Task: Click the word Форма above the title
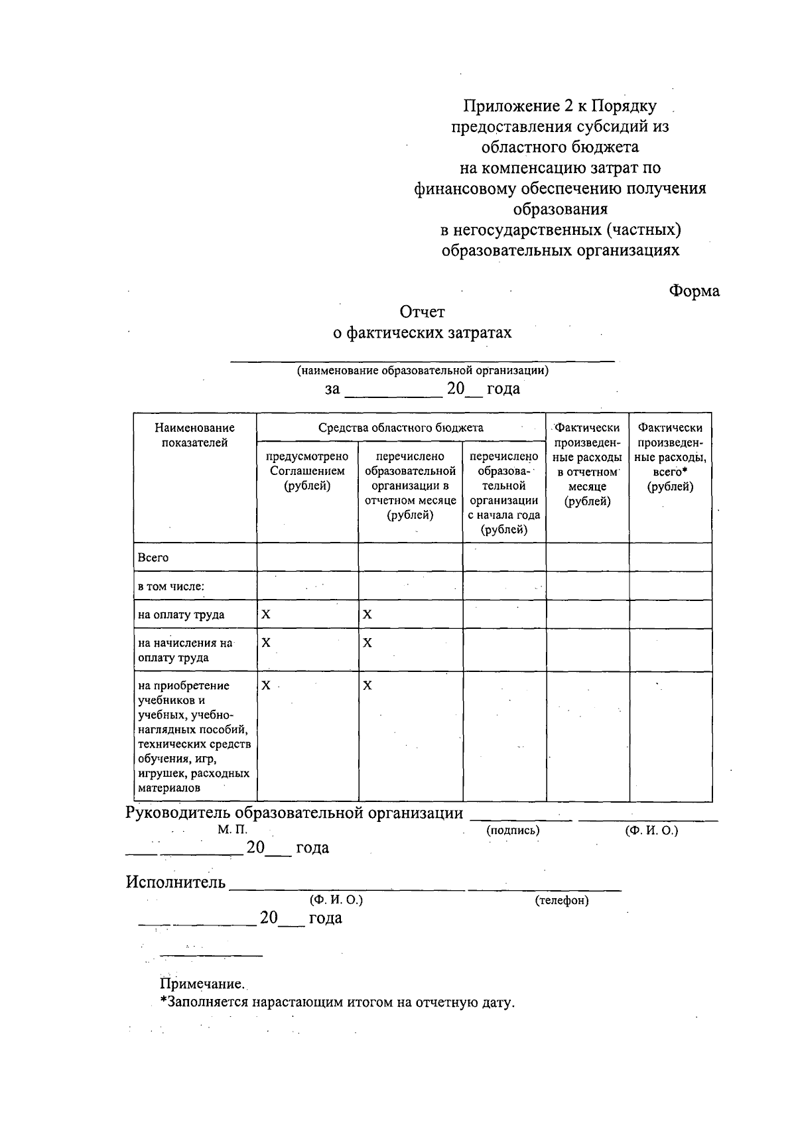tap(694, 291)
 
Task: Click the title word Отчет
tap(422, 311)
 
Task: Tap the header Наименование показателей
tap(194, 435)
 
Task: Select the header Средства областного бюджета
tap(401, 428)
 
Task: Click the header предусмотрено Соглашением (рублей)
tap(307, 471)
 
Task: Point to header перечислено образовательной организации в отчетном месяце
tap(410, 486)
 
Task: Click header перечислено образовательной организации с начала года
tap(504, 493)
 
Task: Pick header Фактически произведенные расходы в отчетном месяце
tap(587, 464)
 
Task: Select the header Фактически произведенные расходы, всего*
tap(670, 457)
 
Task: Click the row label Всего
tap(153, 558)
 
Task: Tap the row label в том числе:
tap(170, 586)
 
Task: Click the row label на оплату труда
tap(181, 615)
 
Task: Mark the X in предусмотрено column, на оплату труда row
tap(266, 615)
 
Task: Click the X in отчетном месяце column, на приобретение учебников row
tap(367, 686)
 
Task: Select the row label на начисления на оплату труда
tap(185, 650)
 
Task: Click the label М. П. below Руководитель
tap(232, 830)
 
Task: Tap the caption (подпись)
tap(513, 831)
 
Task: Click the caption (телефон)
tap(562, 900)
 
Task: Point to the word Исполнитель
tap(176, 883)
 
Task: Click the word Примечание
tap(202, 984)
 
